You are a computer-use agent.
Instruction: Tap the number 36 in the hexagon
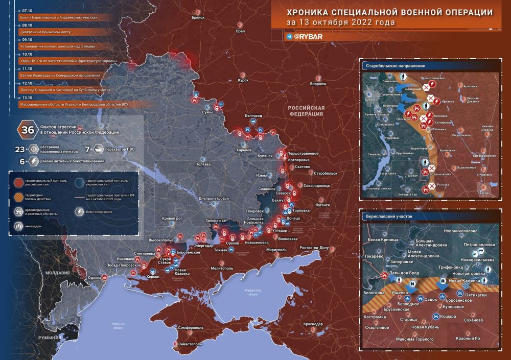(x=27, y=130)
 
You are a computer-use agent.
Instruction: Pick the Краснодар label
(x=312, y=324)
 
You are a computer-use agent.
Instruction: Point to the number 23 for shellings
(x=20, y=150)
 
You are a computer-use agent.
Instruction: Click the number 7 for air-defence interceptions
(x=87, y=150)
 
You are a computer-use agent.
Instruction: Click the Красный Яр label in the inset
(x=468, y=339)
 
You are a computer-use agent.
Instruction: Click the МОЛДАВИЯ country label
(x=57, y=273)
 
